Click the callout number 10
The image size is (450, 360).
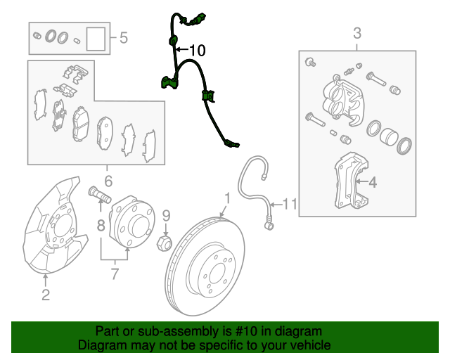click(x=198, y=50)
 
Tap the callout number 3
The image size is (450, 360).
click(x=357, y=33)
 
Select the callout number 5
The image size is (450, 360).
click(x=124, y=37)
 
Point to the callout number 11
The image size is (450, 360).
click(x=290, y=205)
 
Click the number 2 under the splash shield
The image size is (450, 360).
click(x=46, y=295)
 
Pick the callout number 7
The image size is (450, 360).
click(x=115, y=274)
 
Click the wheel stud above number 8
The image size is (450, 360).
click(x=100, y=194)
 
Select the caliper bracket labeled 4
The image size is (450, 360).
click(x=352, y=181)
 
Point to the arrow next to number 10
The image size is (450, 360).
click(x=181, y=50)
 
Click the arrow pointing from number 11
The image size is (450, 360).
click(x=276, y=205)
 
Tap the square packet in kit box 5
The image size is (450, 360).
click(x=96, y=39)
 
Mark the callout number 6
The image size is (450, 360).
click(x=108, y=181)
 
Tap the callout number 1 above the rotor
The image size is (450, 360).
click(x=227, y=198)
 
